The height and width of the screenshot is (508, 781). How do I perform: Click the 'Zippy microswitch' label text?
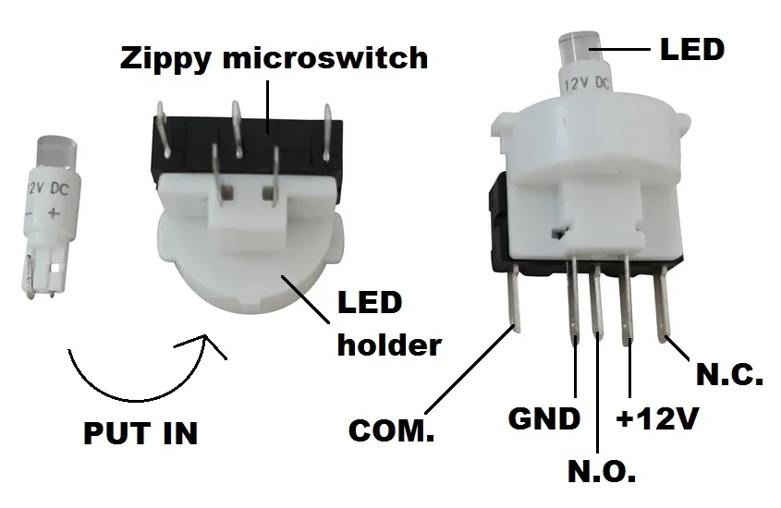pos(274,59)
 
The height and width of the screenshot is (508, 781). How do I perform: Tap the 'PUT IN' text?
pos(140,432)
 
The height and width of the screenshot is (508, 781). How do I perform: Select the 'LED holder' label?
pos(389,323)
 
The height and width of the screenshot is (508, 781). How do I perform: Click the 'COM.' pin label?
pos(392,430)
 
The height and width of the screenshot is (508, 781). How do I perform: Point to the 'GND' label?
pos(544,418)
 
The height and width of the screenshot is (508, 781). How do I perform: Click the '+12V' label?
pos(657,418)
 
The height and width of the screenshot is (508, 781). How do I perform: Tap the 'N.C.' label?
pos(729,374)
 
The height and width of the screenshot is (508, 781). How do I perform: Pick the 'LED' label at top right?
pos(692,49)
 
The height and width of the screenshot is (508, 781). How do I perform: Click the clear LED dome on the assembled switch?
pos(580,48)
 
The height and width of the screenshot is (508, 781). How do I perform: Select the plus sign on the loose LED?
pos(54,214)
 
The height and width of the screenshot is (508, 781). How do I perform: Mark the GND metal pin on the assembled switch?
pos(574,300)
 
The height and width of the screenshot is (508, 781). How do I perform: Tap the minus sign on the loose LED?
pos(30,214)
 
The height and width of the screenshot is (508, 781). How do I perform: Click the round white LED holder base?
pos(249,264)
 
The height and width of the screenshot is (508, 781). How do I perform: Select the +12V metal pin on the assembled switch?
pos(628,301)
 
